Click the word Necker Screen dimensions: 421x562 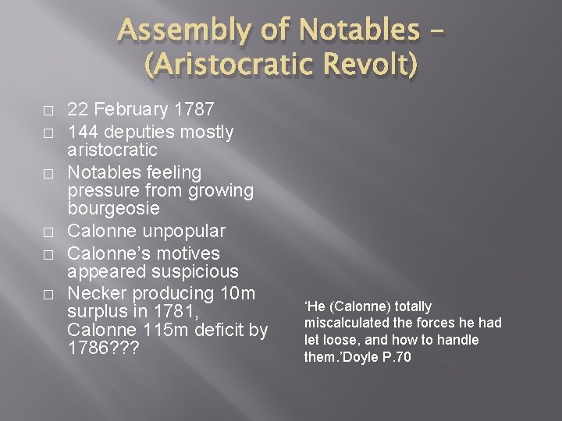click(94, 294)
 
